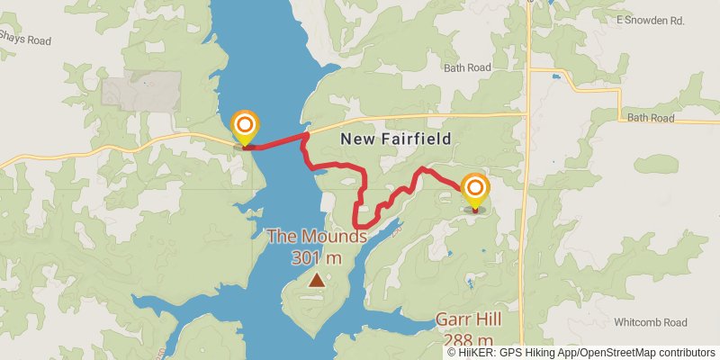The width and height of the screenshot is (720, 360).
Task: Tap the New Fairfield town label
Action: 394,139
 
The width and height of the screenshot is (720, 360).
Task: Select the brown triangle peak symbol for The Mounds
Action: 316,280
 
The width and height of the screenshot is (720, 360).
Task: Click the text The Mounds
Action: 316,238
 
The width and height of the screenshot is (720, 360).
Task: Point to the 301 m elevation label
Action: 317,257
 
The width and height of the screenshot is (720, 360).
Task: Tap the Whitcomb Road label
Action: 650,322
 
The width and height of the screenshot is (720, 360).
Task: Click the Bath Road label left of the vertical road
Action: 468,67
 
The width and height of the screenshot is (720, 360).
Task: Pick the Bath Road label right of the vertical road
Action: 650,118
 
